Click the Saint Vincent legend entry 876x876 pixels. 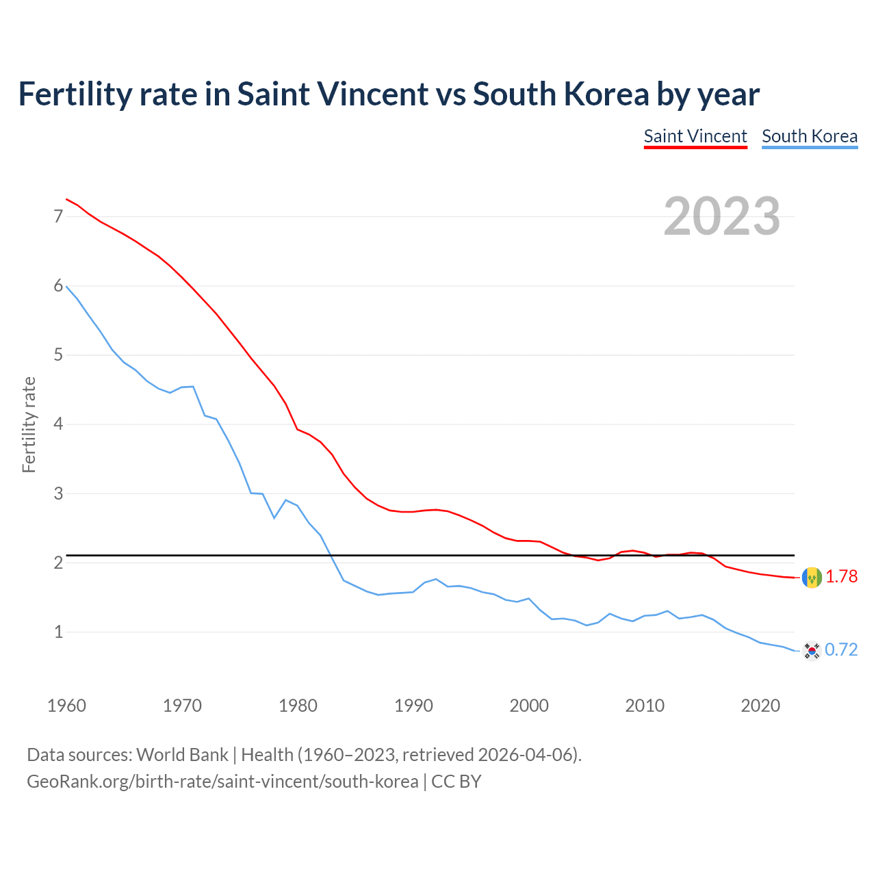point(695,136)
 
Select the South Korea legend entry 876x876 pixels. point(810,136)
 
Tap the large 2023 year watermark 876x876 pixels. point(722,216)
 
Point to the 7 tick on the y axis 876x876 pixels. point(58,216)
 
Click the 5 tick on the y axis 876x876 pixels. point(58,355)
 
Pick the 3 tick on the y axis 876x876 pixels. point(58,493)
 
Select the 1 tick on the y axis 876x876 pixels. point(58,632)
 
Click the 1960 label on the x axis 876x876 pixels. point(66,706)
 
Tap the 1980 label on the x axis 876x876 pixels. point(298,706)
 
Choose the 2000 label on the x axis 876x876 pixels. point(529,706)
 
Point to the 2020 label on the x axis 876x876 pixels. point(760,706)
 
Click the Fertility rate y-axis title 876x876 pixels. point(29,424)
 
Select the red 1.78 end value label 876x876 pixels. point(841,577)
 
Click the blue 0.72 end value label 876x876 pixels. point(841,649)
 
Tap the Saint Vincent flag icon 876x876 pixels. point(812,578)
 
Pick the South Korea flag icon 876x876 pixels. point(812,650)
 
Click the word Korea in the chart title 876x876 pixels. point(606,94)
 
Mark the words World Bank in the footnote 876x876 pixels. point(182,755)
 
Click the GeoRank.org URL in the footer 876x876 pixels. point(222,782)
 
